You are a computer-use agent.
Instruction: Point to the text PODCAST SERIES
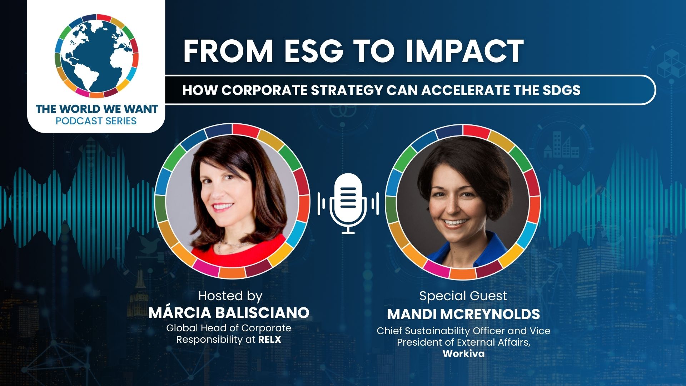tap(96, 121)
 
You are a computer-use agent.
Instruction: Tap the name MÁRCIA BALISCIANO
tap(229, 313)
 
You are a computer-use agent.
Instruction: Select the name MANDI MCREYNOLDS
tap(463, 314)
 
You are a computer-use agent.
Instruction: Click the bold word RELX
tap(269, 340)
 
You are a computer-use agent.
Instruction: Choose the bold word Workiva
tap(464, 354)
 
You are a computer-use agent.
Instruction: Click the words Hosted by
tap(230, 296)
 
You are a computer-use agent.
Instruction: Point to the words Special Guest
tap(463, 296)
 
